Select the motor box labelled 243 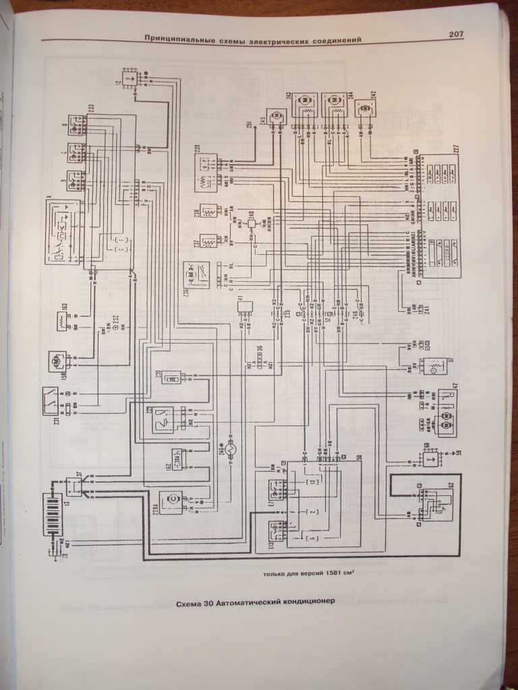point(304,101)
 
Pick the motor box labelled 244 point(334,101)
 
